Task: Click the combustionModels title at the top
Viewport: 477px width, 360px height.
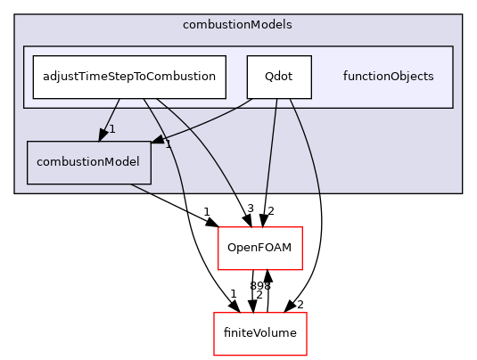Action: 237,25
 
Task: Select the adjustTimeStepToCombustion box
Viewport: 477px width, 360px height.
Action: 129,77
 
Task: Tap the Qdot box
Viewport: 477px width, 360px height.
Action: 279,77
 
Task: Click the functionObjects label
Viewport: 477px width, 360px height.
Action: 388,77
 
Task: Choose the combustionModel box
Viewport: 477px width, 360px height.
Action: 88,162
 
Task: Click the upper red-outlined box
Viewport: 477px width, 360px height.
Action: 260,249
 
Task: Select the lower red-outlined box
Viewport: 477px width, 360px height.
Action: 260,334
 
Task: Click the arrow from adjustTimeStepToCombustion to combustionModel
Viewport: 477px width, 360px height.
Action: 109,116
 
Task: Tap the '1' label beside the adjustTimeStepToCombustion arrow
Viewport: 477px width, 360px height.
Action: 111,130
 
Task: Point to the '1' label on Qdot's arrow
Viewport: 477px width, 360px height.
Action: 168,144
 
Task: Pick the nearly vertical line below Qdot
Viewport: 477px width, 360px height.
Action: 271,143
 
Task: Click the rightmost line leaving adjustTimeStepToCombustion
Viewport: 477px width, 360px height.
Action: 205,151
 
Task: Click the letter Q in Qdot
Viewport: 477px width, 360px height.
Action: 268,77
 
